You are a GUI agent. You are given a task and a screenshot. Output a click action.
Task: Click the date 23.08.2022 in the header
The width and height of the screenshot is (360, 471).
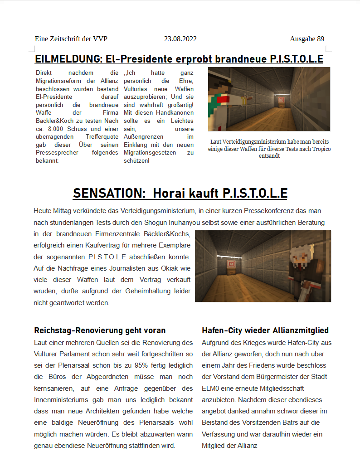[x=180, y=39]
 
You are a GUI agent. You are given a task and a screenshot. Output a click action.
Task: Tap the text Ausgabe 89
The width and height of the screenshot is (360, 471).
[x=307, y=39]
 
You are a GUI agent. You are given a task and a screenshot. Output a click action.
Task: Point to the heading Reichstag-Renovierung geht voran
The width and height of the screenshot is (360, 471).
[x=100, y=330]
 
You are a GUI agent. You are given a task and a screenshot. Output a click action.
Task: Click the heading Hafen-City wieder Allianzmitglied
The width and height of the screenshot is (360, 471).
[x=265, y=330]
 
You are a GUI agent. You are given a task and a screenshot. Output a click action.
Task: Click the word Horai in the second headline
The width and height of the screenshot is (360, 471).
[x=172, y=194]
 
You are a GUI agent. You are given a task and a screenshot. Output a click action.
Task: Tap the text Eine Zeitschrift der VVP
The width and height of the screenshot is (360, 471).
[x=71, y=39]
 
